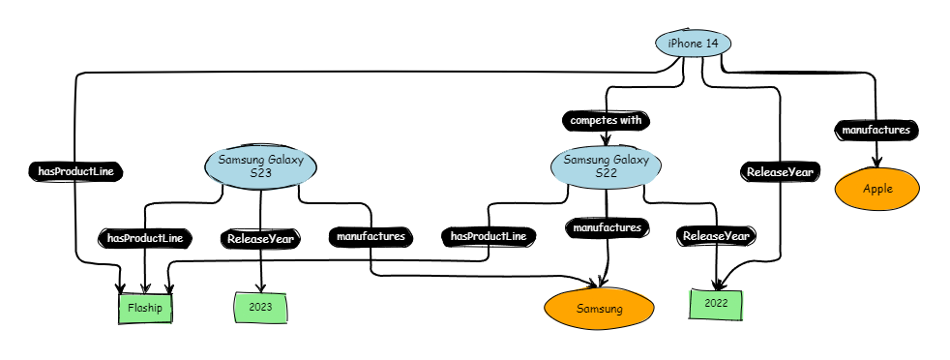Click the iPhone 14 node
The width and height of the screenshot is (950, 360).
pyautogui.click(x=693, y=44)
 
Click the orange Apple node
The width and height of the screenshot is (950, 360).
pyautogui.click(x=877, y=189)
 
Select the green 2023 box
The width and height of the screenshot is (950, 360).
pyautogui.click(x=261, y=308)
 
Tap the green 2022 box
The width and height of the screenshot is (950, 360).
pyautogui.click(x=716, y=304)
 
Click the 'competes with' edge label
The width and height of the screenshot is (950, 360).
pyautogui.click(x=606, y=121)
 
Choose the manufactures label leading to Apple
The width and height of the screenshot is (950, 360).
pyautogui.click(x=876, y=129)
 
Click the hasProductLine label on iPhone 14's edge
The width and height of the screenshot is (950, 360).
pyautogui.click(x=76, y=171)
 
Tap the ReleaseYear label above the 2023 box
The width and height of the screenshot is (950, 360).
pyautogui.click(x=261, y=237)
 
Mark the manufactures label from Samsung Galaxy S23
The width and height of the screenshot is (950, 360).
pyautogui.click(x=371, y=235)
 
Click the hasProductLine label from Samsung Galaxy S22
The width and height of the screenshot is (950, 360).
pyautogui.click(x=489, y=236)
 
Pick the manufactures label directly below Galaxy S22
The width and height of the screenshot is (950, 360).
pyautogui.click(x=607, y=228)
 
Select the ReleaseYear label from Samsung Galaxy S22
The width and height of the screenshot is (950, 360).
pyautogui.click(x=716, y=235)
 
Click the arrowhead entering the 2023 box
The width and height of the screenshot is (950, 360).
pyautogui.click(x=261, y=287)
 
